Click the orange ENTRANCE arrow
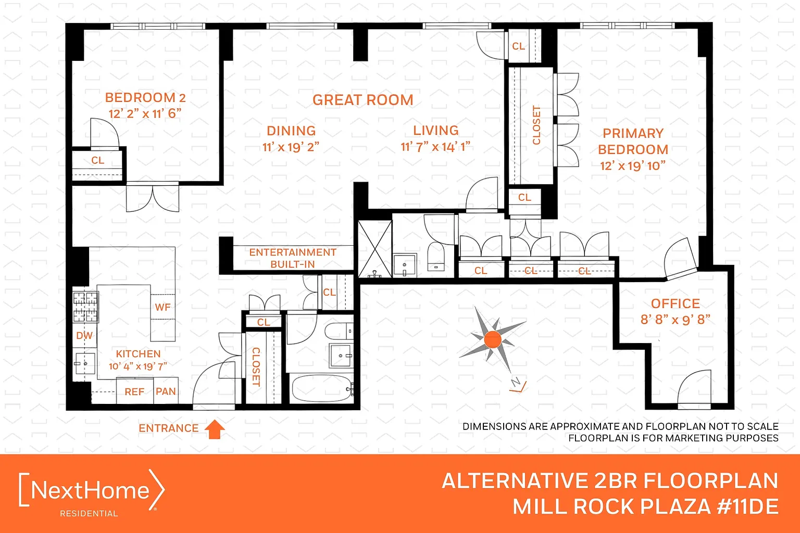point(215,429)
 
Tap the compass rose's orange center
point(493,339)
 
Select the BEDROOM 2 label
point(145,97)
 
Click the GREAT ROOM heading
point(363,100)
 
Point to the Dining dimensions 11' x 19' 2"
point(291,147)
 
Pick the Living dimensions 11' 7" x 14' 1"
point(435,147)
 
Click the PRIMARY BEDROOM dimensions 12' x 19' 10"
point(633,166)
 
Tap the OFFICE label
point(676,303)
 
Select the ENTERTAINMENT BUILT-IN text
point(293,258)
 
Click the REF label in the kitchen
point(134,391)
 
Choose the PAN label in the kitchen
point(166,391)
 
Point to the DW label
point(84,336)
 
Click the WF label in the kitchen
point(163,307)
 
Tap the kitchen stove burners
point(85,307)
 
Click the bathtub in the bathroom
point(322,389)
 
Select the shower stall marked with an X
point(375,249)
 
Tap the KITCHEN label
point(138,354)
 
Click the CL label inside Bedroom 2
point(98,160)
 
